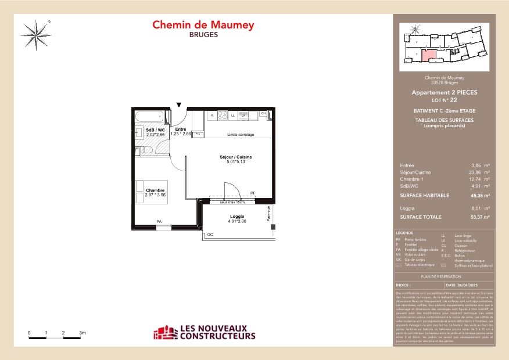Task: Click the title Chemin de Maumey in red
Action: pos(203,25)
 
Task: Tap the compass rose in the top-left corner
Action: pos(38,33)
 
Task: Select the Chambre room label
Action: pos(155,190)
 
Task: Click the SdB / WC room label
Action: pos(156,129)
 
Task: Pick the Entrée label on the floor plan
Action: pos(180,129)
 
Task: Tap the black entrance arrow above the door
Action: pos(178,104)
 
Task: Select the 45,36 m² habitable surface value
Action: pos(479,196)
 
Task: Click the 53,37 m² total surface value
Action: pos(479,217)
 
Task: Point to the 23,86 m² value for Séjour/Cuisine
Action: pos(479,172)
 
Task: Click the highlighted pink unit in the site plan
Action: pos(428,56)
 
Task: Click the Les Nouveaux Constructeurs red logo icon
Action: pos(163,333)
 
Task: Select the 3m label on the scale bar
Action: pos(82,333)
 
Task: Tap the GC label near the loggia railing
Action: pos(210,234)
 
